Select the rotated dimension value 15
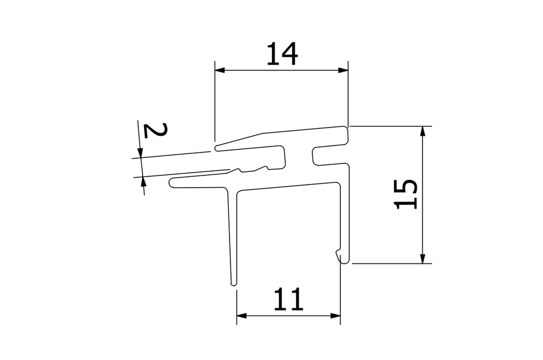[407, 194]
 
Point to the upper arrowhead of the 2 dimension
[141, 153]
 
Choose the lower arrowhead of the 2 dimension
[143, 182]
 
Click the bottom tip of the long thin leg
[234, 284]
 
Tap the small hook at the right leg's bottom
[339, 254]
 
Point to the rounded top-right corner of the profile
[346, 129]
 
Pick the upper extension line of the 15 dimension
[392, 126]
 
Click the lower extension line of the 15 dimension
[392, 263]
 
